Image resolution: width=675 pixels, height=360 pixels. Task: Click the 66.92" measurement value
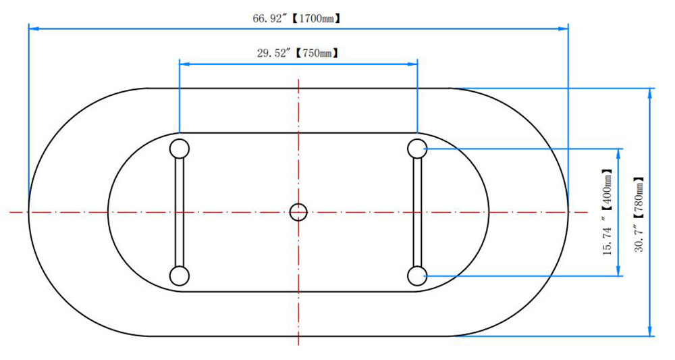tap(270, 18)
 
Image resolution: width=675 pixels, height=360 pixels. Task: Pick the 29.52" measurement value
tap(275, 53)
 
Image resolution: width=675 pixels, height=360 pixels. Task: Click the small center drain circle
tap(298, 212)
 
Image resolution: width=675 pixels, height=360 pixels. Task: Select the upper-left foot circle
tap(180, 149)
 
